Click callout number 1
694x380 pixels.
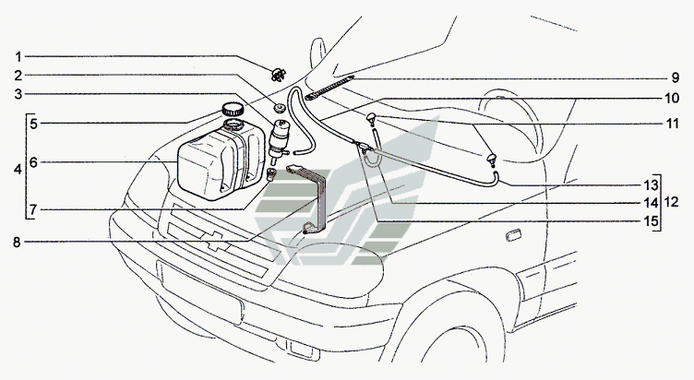coord(18,57)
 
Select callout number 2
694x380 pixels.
coord(18,76)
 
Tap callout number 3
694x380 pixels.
coord(18,94)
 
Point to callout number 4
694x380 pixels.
coord(18,169)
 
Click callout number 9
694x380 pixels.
coord(675,77)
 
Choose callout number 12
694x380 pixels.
coord(672,202)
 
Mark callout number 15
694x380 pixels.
coord(651,220)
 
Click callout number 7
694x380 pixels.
coord(33,208)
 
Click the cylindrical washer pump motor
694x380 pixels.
coord(278,138)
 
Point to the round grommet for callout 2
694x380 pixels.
coord(279,108)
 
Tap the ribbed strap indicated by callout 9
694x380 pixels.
coord(329,87)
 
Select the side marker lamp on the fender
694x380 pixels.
coord(513,235)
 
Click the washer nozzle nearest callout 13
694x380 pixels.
coord(492,159)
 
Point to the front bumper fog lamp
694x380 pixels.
coord(305,349)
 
